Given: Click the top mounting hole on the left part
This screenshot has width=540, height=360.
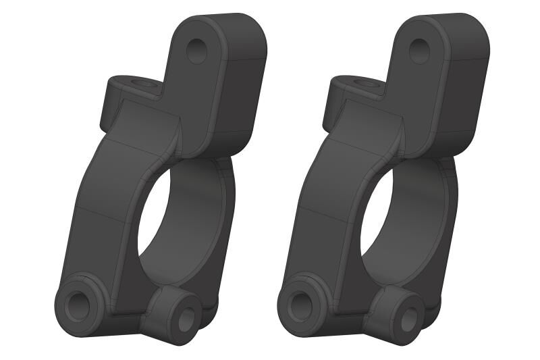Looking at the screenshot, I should (x=197, y=51).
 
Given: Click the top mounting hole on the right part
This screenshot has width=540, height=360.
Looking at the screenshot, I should (x=419, y=51).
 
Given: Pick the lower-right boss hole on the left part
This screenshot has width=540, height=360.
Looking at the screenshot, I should (x=185, y=320).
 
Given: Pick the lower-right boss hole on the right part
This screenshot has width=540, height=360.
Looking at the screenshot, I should (x=408, y=320).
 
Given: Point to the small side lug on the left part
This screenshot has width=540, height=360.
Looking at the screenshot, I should (x=115, y=101).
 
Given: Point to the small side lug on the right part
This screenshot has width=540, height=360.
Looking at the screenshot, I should (x=337, y=101).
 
